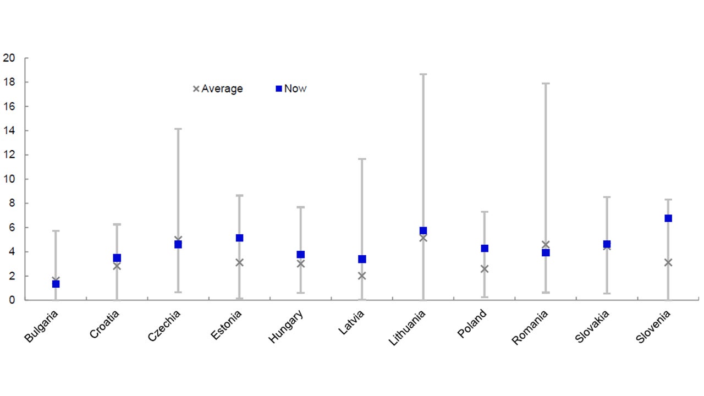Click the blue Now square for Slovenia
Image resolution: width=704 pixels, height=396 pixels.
click(668, 218)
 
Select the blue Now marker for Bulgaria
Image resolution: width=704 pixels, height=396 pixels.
click(56, 284)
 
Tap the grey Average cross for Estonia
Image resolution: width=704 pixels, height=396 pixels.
click(239, 262)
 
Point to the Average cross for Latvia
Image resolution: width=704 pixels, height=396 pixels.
click(362, 276)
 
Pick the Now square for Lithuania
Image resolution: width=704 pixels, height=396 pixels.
click(423, 231)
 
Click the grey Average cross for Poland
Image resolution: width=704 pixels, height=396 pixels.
click(485, 269)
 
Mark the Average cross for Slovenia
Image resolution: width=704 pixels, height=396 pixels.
click(668, 262)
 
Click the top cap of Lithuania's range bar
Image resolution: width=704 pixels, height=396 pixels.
click(423, 74)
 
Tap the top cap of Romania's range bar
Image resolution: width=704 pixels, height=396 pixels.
click(546, 84)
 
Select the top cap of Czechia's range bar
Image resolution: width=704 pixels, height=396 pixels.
click(178, 129)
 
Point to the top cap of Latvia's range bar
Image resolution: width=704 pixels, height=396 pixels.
click(362, 159)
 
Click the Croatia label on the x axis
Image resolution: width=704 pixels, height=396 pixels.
click(105, 324)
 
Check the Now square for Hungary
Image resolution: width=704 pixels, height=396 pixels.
click(301, 255)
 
